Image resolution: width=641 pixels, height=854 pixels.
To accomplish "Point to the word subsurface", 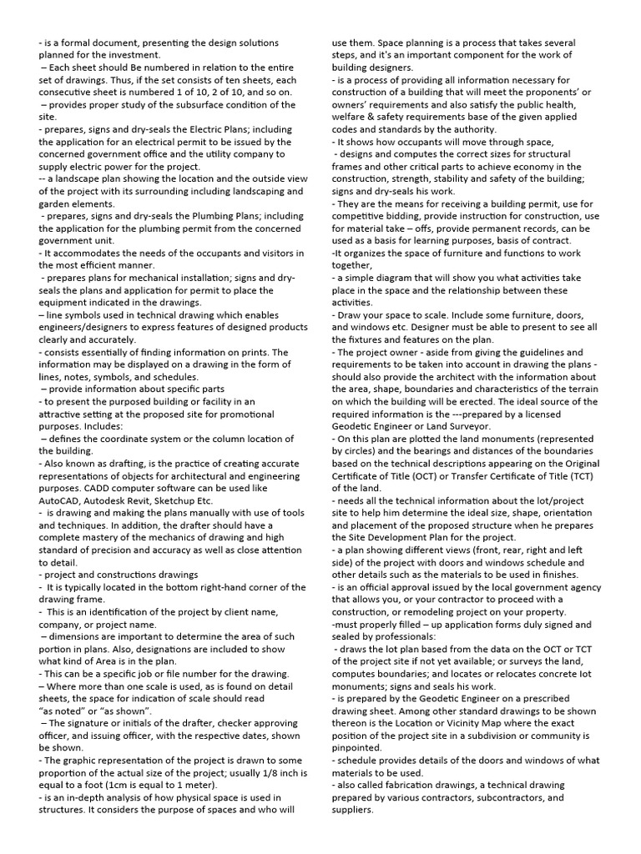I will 185,105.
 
